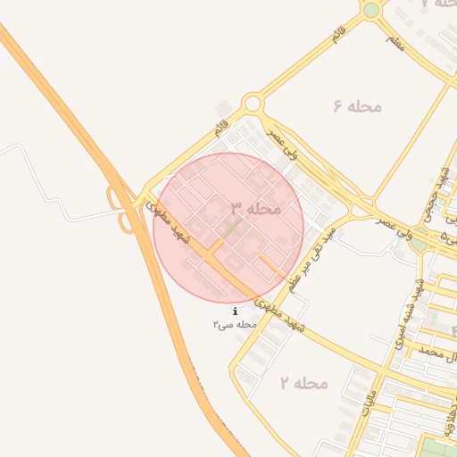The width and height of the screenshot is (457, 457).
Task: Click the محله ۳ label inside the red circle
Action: [256, 208]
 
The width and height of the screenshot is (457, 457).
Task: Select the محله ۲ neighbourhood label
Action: [303, 384]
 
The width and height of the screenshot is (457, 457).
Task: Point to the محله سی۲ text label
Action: [235, 324]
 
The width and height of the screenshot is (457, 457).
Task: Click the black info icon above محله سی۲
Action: [235, 311]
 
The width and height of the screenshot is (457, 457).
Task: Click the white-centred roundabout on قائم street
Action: [253, 104]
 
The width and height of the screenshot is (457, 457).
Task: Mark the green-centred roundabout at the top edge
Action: [370, 10]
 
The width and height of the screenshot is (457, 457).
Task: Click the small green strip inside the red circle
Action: [231, 228]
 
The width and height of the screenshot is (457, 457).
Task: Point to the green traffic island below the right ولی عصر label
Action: [420, 241]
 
